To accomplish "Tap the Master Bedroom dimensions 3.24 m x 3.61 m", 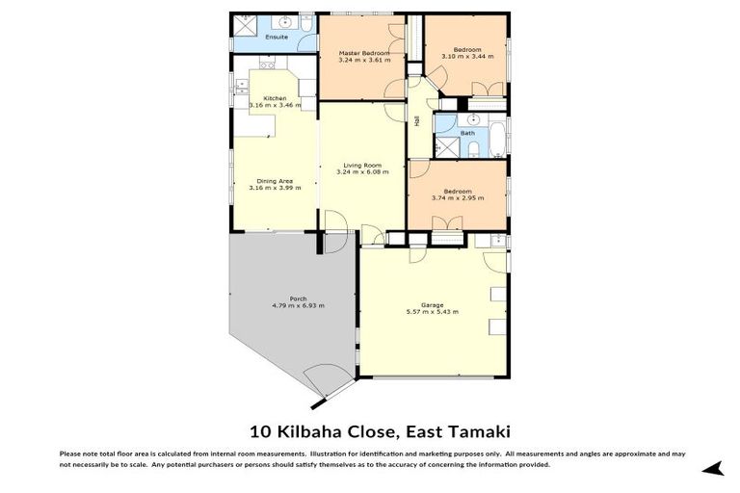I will [x=363, y=60].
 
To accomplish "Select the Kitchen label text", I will [x=275, y=97].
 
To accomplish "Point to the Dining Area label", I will [x=275, y=181].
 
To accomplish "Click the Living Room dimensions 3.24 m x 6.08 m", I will [x=362, y=172].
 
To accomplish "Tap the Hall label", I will [x=417, y=121].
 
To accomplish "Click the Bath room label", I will [x=467, y=133].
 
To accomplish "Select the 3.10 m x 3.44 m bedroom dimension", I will [x=467, y=57].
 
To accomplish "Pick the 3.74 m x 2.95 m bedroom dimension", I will [x=458, y=197].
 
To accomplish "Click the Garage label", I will [x=432, y=305].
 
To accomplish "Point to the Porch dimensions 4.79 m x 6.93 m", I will [x=298, y=305].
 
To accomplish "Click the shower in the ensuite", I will [x=243, y=23].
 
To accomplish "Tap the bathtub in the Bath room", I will [x=497, y=137].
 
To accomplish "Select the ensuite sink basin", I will [x=286, y=21].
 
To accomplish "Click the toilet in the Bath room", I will [x=473, y=148].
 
